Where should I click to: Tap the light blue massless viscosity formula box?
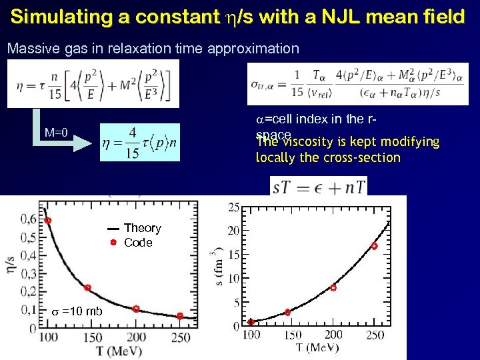click(140, 142)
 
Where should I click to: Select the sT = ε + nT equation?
click(319, 186)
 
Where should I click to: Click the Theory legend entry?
click(142, 229)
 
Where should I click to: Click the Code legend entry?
click(138, 243)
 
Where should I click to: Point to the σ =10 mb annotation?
click(77, 311)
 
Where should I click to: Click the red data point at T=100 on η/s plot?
click(48, 221)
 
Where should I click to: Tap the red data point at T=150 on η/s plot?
click(87, 288)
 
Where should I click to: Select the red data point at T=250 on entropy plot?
click(374, 246)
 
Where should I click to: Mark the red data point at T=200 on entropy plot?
click(333, 287)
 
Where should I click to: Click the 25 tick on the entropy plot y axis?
click(234, 208)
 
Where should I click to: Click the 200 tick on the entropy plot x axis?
click(333, 335)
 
